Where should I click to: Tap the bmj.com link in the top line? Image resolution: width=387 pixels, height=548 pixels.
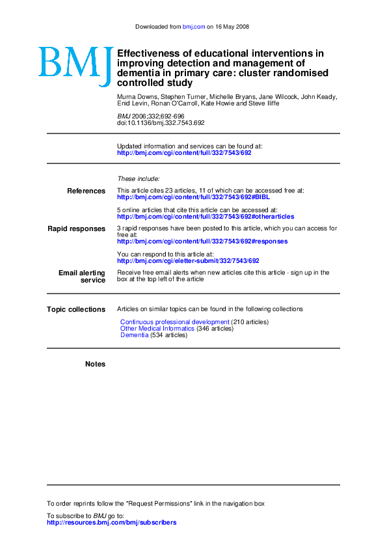194,27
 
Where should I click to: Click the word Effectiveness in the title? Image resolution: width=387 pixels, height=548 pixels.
149,53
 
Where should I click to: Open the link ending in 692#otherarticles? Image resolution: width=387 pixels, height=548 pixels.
205,217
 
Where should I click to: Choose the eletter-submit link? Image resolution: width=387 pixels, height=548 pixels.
188,261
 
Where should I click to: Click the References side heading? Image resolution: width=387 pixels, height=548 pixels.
86,191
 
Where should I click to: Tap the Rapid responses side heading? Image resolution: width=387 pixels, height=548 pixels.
76,229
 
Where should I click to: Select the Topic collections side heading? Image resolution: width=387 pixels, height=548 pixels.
75,310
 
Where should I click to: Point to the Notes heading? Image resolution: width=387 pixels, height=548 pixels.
95,364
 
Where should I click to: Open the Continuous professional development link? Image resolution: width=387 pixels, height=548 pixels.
174,322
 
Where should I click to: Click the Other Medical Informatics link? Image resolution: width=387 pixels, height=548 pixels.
157,329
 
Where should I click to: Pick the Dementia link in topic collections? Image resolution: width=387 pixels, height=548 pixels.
134,335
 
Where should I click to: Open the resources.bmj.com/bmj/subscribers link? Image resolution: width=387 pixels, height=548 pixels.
111,522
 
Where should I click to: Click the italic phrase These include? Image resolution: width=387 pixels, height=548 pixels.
138,178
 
